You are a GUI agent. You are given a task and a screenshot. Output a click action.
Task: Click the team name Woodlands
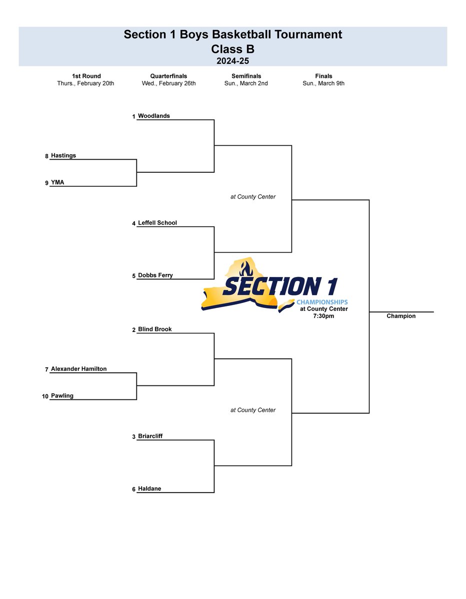point(153,116)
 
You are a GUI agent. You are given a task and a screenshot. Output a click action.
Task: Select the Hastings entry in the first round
point(63,156)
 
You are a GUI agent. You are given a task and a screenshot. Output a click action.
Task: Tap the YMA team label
point(57,183)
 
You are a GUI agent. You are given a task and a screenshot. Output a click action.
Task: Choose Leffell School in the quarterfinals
point(157,223)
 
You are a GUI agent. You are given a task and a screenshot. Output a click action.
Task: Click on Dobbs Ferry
point(155,276)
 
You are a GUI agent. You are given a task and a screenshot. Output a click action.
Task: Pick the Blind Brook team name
point(154,329)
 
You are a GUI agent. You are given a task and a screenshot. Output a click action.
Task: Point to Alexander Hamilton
point(78,369)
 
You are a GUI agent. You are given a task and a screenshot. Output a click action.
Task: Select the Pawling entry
point(62,396)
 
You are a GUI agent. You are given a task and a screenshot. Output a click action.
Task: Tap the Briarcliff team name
point(150,436)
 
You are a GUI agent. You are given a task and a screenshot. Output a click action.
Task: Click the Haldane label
point(149,489)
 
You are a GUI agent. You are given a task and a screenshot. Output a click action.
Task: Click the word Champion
point(401,316)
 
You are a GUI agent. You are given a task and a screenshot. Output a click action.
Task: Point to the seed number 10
point(45,396)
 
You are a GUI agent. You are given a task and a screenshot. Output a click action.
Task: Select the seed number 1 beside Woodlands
point(133,117)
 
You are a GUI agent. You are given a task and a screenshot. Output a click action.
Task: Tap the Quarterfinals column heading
point(168,76)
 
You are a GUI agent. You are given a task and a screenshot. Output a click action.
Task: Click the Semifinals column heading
point(246,76)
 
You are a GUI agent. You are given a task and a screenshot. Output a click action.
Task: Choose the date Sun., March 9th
point(323,83)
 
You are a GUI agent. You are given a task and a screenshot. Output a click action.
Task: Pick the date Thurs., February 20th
point(85,83)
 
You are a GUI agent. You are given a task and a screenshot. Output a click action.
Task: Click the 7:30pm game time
point(323,316)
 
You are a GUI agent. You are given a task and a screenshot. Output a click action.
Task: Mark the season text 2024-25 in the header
point(232,61)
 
